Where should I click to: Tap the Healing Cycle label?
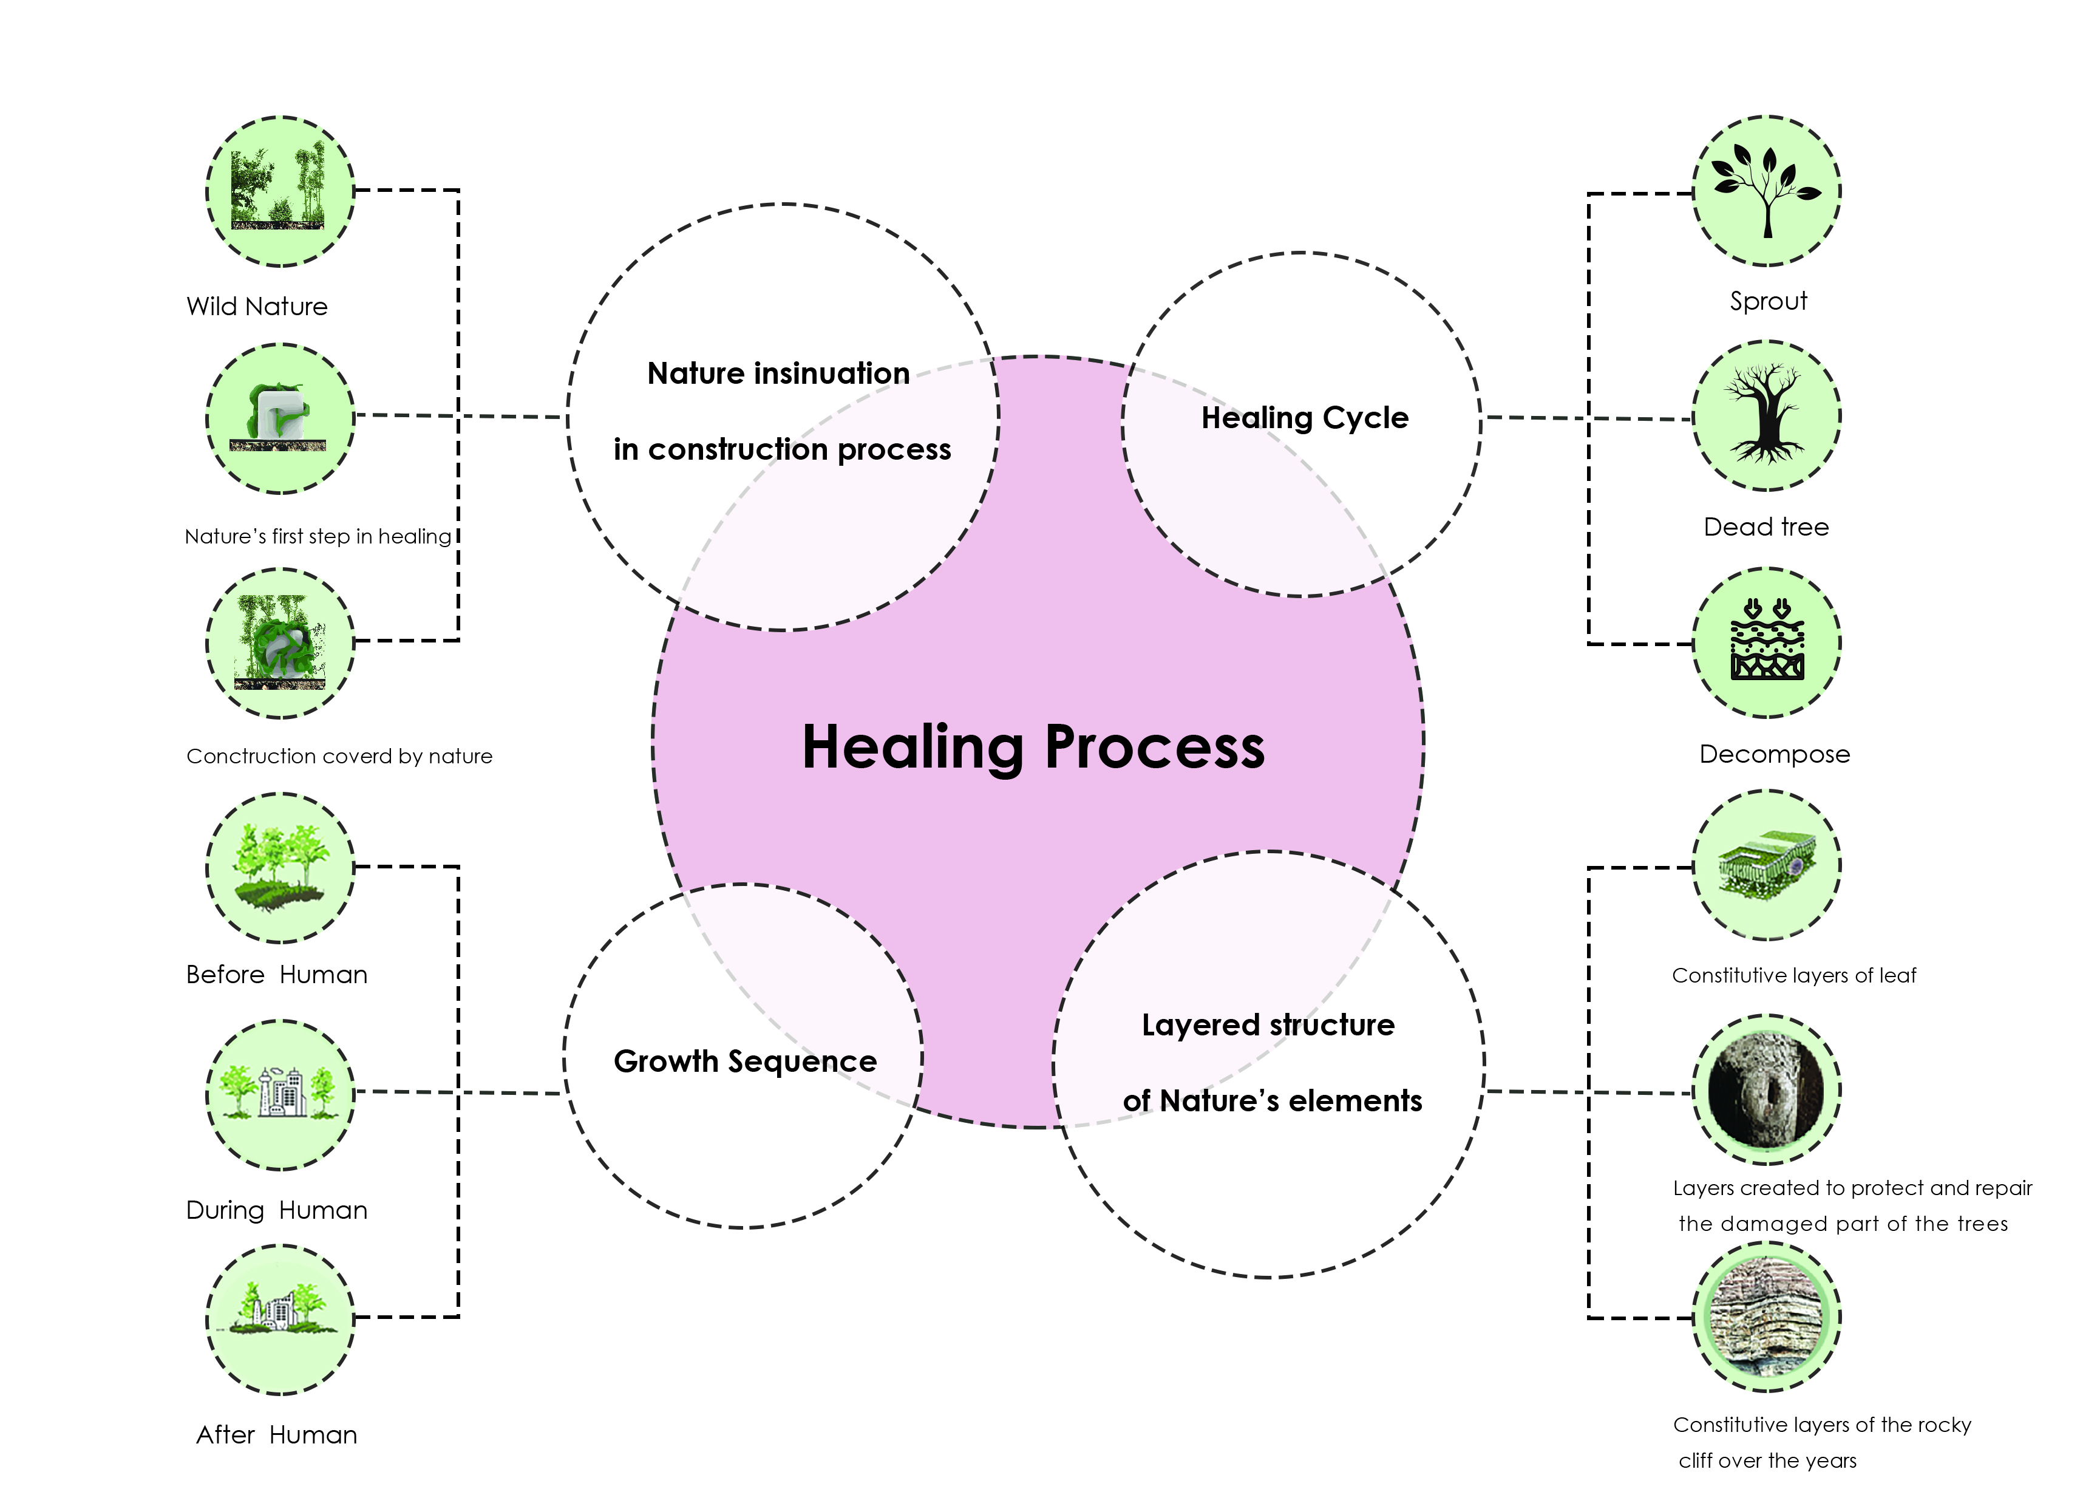coord(1304,418)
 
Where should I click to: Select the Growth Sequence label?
coord(745,1061)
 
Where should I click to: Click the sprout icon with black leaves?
coord(1766,191)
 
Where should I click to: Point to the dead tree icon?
coord(1766,415)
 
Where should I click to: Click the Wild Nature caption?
coord(257,306)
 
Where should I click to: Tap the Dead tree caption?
coord(1766,527)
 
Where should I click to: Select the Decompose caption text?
coord(1773,755)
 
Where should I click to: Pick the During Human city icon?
coord(280,1093)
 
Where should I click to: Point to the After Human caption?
coord(276,1434)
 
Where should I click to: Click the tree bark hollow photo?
coord(1766,1091)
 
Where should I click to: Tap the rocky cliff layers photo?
coord(1766,1317)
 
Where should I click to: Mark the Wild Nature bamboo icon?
coord(280,191)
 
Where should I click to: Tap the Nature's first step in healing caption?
coord(318,537)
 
